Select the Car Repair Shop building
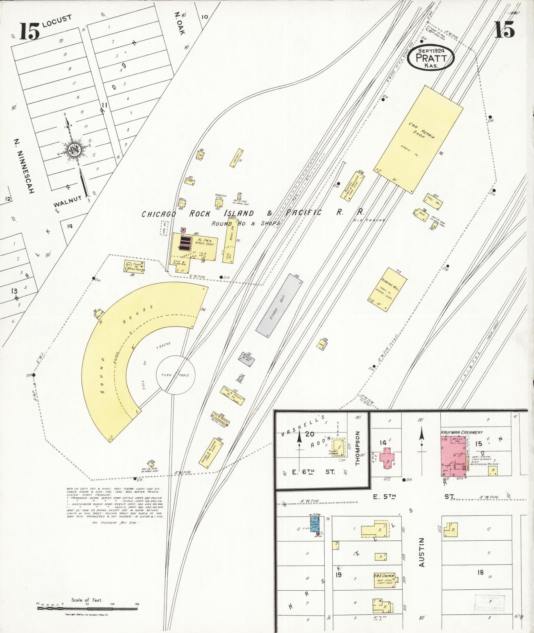click(418, 139)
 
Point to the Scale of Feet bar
click(87, 608)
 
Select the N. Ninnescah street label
click(24, 165)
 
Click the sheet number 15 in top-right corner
click(504, 29)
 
